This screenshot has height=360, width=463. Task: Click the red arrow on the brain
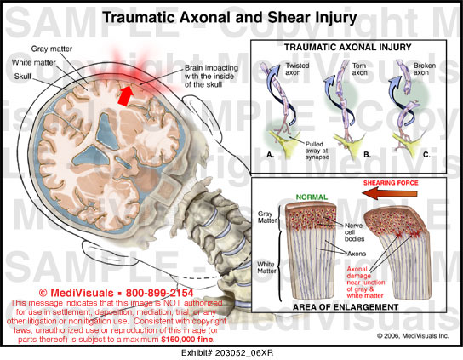point(125,94)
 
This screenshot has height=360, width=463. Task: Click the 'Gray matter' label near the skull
point(52,49)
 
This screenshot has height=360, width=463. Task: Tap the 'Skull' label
point(22,77)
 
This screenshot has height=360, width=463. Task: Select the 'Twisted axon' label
point(297,69)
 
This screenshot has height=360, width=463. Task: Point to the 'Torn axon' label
point(360,69)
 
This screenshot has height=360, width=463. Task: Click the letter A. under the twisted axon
point(270,154)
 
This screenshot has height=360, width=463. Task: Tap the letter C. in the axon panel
point(426,154)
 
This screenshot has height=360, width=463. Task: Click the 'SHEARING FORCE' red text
point(391,183)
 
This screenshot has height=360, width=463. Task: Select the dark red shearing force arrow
point(390,194)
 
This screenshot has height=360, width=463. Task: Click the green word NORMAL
point(312,197)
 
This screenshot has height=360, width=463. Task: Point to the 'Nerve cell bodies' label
point(354,232)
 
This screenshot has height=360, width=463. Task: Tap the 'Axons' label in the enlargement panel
point(357,254)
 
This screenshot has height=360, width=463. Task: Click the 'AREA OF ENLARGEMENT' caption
point(346,307)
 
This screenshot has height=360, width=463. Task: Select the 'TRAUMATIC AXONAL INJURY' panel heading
point(348,48)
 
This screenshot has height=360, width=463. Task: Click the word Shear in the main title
point(286,17)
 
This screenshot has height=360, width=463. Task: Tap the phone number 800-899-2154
point(159,293)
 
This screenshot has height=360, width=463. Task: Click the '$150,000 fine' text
point(187,340)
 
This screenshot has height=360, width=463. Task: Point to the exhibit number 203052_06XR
point(244,352)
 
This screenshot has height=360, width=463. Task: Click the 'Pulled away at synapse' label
point(317,151)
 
